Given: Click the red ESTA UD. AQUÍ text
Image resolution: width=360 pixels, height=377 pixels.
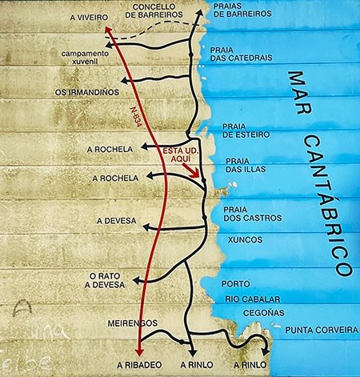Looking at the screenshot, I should tap(179, 154).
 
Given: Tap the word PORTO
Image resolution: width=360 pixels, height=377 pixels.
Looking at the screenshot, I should tap(235, 283).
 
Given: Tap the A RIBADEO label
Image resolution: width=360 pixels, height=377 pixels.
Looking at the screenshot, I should tap(139, 364).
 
